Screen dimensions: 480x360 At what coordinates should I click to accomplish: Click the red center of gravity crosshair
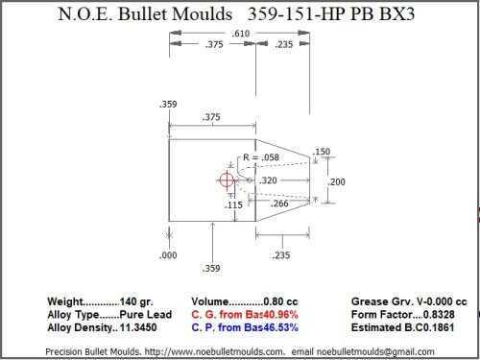227,180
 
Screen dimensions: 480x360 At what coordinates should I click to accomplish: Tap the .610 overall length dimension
241,34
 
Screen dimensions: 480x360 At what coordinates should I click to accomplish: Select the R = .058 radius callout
261,157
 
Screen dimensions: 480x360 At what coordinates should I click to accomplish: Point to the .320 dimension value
268,180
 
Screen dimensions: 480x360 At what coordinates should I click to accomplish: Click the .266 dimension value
279,204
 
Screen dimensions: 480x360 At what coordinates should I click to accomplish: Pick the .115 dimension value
233,205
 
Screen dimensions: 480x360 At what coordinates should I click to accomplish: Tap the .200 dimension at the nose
337,182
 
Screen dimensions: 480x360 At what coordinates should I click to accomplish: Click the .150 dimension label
321,152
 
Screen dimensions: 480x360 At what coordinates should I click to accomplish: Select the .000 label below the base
168,255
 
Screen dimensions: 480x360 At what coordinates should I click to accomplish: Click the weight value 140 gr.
136,301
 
